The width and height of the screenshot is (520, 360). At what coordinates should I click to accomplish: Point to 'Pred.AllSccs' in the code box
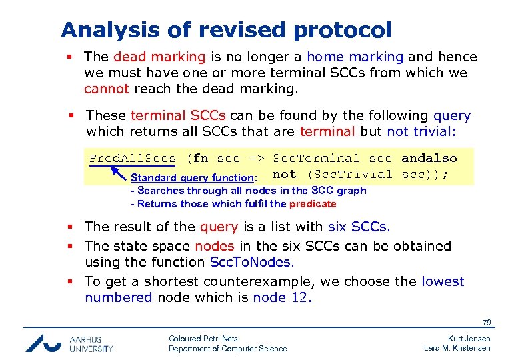coord(133,159)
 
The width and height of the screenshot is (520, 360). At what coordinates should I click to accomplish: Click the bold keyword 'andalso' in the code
coord(429,159)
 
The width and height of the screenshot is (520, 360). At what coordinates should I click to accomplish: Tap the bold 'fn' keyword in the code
coord(201,159)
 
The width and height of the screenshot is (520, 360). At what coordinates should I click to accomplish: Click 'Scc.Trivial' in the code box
coord(352,175)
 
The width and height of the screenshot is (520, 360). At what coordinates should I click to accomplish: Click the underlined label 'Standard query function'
coord(192,178)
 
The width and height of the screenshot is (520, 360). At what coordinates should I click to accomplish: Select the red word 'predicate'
coord(313,204)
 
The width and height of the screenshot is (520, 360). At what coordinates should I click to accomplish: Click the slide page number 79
coord(487,323)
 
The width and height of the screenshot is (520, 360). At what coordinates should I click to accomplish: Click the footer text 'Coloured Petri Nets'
coord(203,339)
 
